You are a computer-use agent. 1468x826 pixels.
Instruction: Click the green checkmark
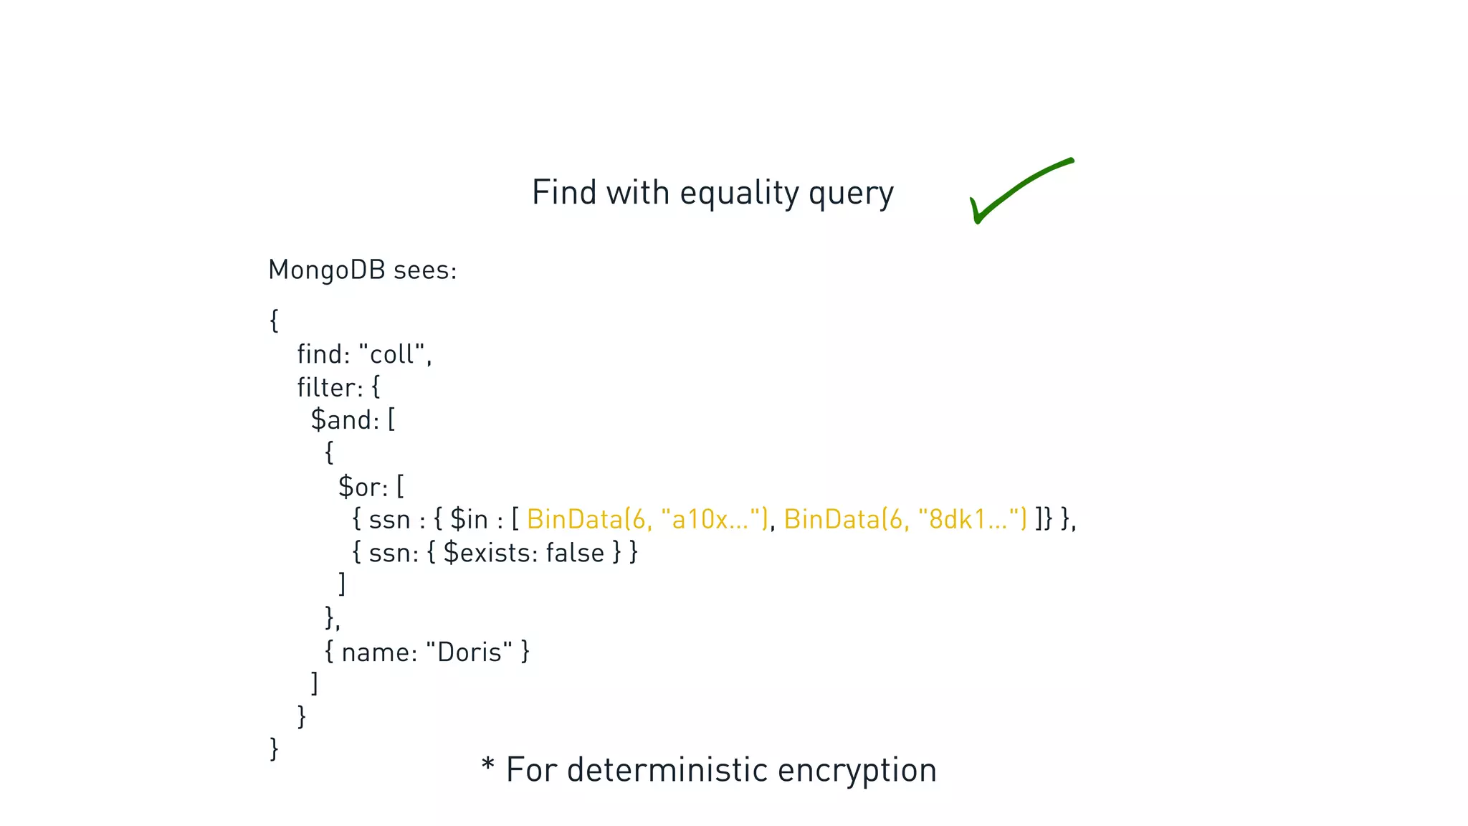tap(1018, 190)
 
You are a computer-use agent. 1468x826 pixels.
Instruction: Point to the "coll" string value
tap(392, 354)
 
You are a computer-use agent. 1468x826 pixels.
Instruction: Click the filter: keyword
tap(330, 387)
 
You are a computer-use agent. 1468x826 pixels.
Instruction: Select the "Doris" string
tap(469, 652)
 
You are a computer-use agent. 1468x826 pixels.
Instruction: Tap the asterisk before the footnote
tap(488, 764)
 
